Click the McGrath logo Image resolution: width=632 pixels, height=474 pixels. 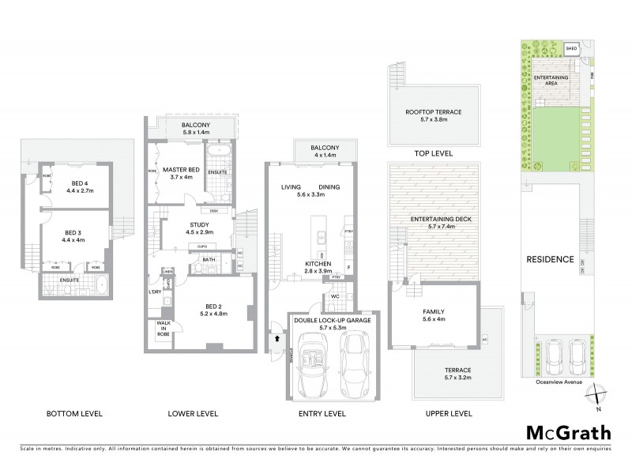[x=569, y=432]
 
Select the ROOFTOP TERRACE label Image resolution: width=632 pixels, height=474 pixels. [x=434, y=113]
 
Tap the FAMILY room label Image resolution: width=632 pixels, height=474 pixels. [x=433, y=311]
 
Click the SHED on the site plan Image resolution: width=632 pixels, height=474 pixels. [x=572, y=49]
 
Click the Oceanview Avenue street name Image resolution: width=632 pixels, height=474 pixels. [x=559, y=382]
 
